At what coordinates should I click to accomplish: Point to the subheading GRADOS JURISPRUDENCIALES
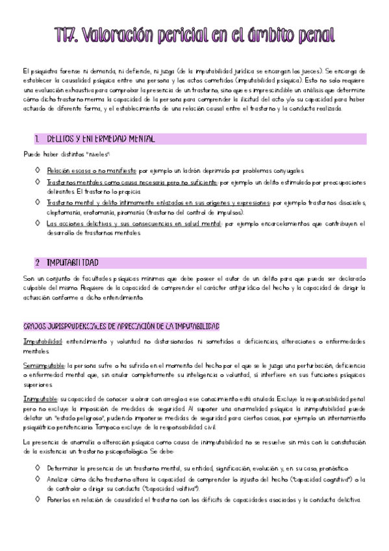(121, 326)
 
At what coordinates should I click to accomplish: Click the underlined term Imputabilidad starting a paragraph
(42, 340)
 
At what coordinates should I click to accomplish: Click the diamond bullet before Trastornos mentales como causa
(38, 184)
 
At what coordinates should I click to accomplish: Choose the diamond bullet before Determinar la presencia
(38, 468)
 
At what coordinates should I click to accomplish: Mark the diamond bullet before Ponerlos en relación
(38, 499)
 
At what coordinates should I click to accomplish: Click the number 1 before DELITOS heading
(38, 139)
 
